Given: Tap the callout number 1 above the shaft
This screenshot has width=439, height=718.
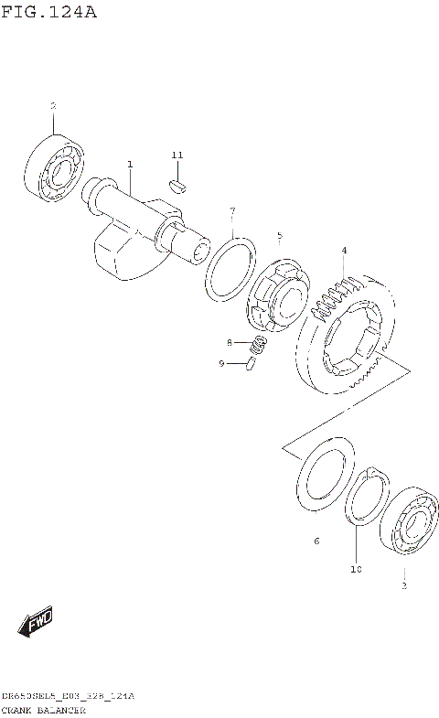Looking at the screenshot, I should point(130,165).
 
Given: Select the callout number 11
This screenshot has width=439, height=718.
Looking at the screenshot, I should point(177,155).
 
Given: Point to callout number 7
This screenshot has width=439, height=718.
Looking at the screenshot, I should point(232,212).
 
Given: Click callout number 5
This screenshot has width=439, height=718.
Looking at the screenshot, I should point(280,236).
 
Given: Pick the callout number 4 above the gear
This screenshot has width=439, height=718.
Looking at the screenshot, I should point(344,250).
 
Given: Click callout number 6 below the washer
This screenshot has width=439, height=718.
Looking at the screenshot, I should point(316,541).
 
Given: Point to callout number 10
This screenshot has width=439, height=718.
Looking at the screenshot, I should point(356,569).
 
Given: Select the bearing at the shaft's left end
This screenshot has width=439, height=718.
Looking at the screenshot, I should point(52,167).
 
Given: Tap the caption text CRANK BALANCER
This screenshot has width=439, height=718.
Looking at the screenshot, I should point(44,710).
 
